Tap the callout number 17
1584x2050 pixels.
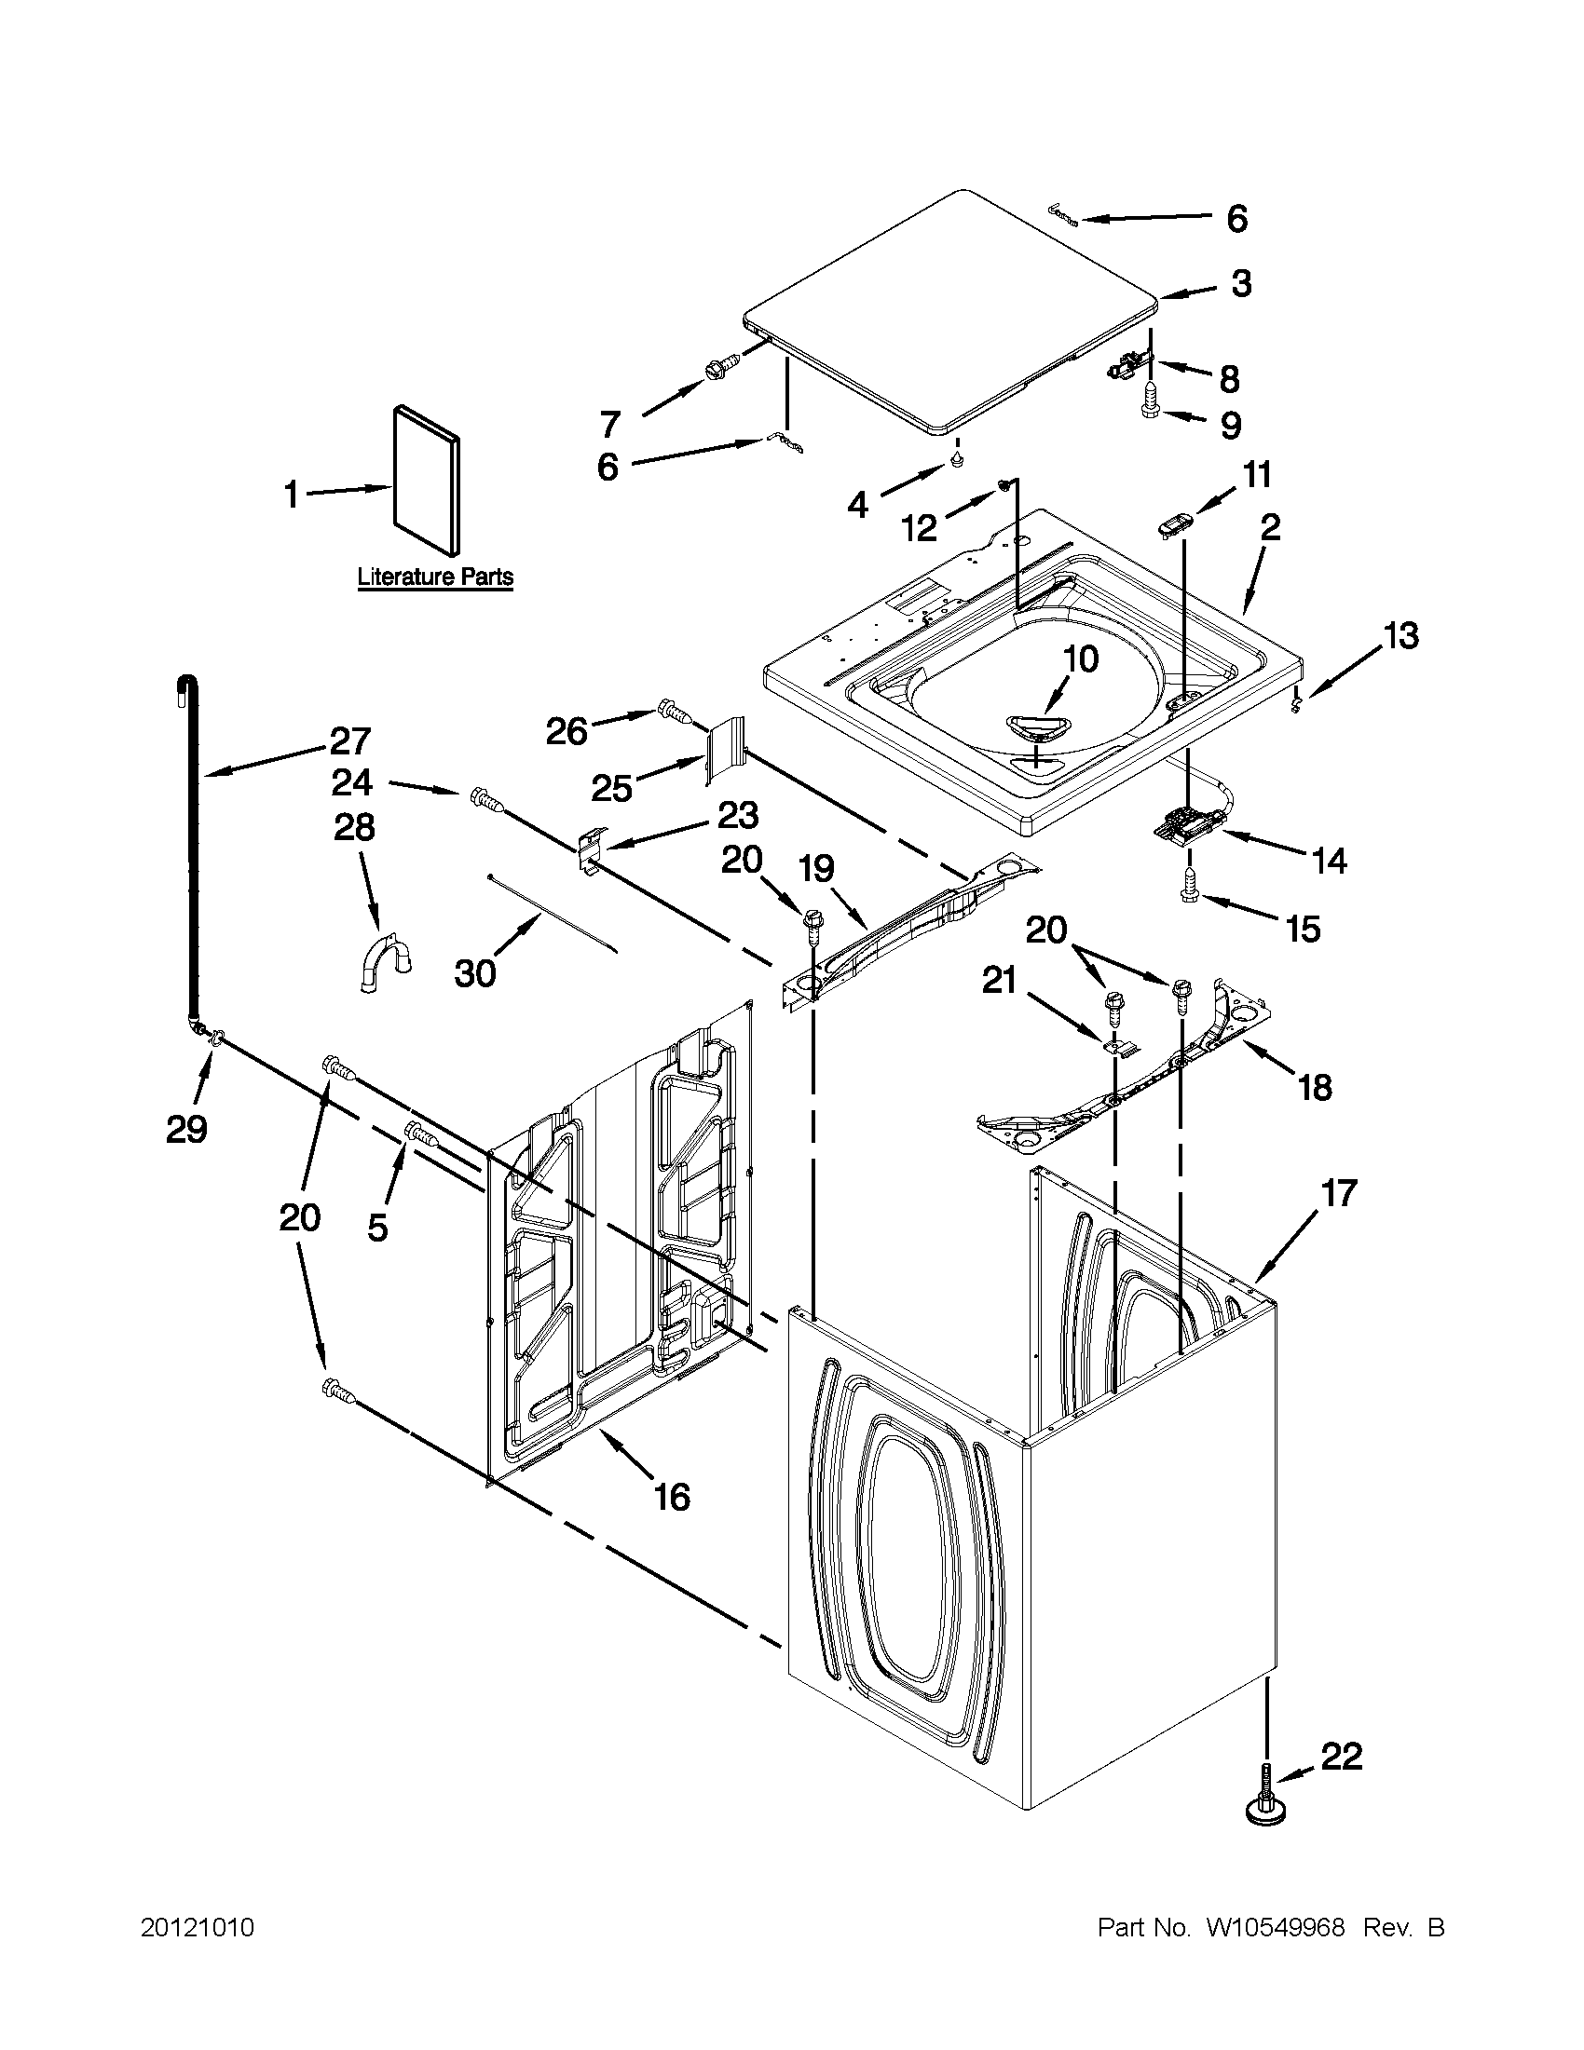[x=1339, y=1193]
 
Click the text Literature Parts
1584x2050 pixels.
[x=435, y=577]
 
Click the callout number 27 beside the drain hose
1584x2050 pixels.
[x=350, y=741]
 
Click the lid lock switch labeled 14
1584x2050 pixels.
[x=1186, y=824]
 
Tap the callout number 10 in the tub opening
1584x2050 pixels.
[x=1081, y=658]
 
